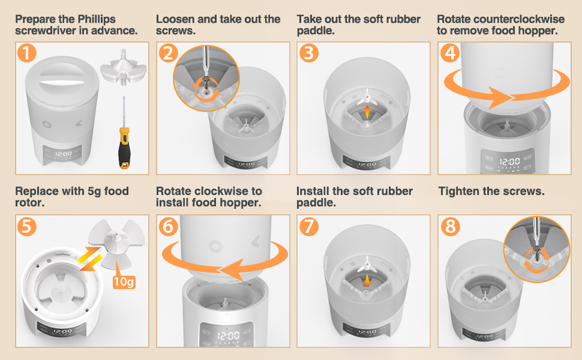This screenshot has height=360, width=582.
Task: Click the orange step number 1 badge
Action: [x=26, y=52]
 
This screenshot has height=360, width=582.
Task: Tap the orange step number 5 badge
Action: [x=26, y=226]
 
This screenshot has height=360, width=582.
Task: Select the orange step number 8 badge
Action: [x=450, y=226]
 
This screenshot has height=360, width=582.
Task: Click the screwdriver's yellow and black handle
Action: [x=124, y=148]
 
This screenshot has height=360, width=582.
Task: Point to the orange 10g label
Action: [x=124, y=281]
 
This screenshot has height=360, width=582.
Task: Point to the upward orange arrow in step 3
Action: [x=367, y=112]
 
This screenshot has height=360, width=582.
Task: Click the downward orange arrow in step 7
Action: [x=367, y=280]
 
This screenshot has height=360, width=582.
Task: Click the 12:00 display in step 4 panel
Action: [x=509, y=161]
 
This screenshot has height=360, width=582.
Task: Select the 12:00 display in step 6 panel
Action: [x=228, y=336]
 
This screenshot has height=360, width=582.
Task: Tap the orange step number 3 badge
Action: [x=308, y=52]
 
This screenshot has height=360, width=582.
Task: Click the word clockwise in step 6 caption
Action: [x=222, y=191]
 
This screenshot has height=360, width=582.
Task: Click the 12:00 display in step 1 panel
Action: [x=64, y=154]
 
